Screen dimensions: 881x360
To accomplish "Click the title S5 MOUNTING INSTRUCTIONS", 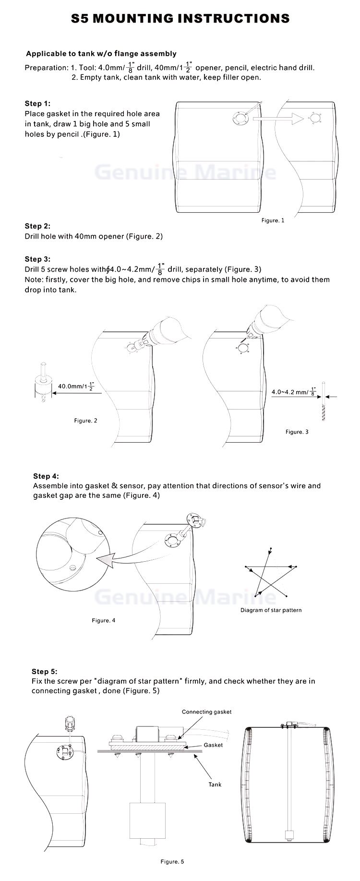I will tap(180, 19).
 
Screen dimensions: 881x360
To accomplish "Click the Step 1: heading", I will tap(37, 104).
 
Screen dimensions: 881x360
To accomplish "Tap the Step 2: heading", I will tap(37, 226).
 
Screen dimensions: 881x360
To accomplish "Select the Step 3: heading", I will tap(37, 259).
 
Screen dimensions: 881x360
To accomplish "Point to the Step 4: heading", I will tap(46, 476).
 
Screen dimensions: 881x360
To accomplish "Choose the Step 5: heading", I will tap(44, 672).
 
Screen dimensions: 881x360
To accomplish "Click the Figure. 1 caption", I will tap(273, 220).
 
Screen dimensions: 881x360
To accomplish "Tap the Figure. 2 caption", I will tap(85, 421).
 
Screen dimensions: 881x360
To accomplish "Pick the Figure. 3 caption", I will tap(297, 432).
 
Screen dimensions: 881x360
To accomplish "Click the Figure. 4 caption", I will tap(104, 621).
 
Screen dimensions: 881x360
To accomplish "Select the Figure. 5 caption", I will tap(172, 862).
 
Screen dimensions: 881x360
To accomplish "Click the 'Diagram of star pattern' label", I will tap(271, 610).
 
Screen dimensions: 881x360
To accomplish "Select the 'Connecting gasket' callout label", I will tap(206, 712).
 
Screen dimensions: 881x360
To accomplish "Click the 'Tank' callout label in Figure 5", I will tap(215, 784).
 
